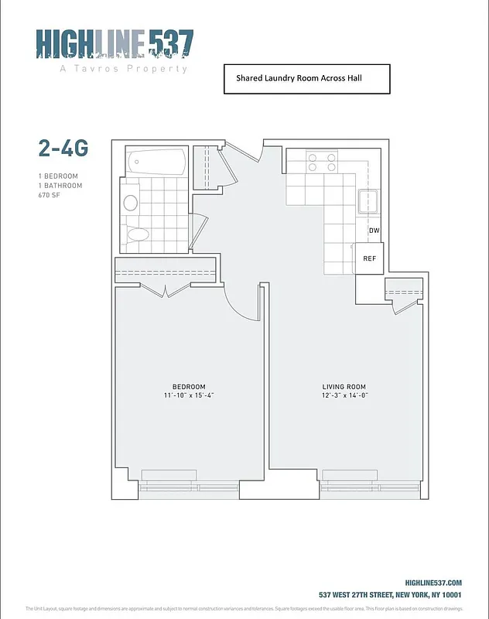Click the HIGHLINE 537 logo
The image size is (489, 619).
[x=115, y=43]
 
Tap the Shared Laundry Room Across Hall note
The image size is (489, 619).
[x=306, y=78]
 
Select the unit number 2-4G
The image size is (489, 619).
[x=63, y=148]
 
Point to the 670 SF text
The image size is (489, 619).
[x=49, y=196]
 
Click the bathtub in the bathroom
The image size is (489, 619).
[x=157, y=162]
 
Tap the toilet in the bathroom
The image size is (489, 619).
[x=138, y=235]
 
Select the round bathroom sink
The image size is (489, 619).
[x=131, y=203]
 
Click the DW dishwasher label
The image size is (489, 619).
[x=374, y=231]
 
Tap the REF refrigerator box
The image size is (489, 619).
[x=369, y=258]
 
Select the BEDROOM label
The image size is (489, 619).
[x=189, y=387]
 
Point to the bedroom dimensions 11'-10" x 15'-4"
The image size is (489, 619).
[x=189, y=396]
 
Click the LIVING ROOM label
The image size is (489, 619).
[x=344, y=387]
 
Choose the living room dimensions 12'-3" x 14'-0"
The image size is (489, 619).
[x=344, y=396]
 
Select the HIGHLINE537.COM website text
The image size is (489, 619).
[x=433, y=583]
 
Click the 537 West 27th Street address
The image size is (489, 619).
[x=390, y=595]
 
